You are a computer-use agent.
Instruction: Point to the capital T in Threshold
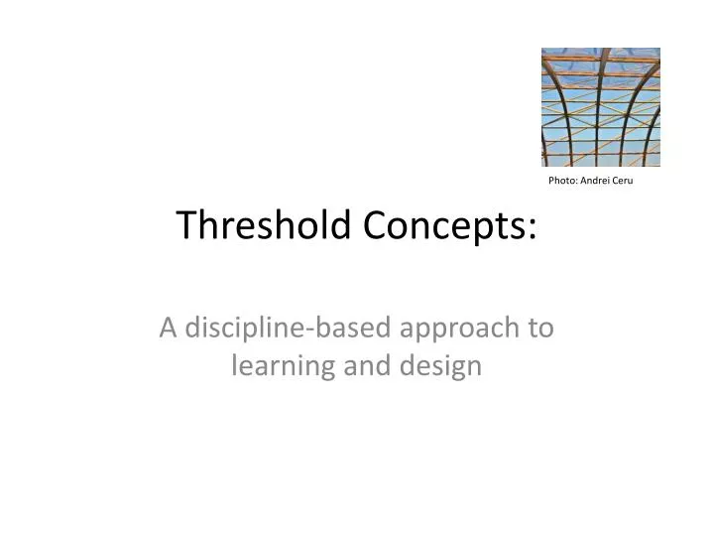[186, 226]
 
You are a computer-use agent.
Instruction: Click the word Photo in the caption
[562, 180]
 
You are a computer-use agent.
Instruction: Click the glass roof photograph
[600, 106]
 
